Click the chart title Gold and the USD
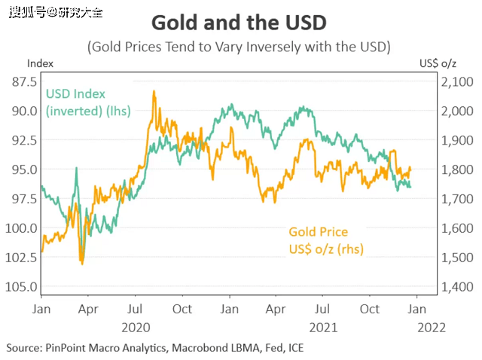[239, 21]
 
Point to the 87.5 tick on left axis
[23, 81]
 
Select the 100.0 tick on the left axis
[21, 228]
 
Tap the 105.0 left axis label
[21, 287]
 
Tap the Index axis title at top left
[40, 63]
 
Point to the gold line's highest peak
[154, 92]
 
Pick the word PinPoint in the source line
[70, 348]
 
